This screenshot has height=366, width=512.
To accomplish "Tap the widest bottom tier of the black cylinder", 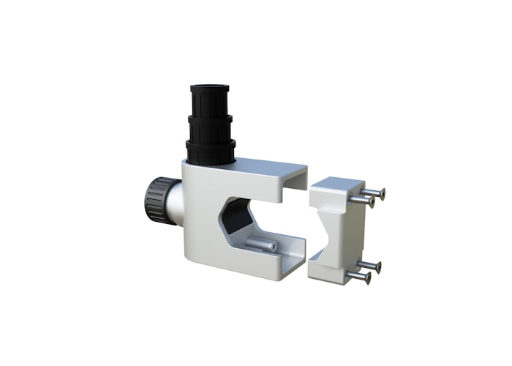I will (x=211, y=152).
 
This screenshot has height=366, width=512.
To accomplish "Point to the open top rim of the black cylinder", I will (x=210, y=88).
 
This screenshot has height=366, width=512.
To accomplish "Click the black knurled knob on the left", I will (x=154, y=202).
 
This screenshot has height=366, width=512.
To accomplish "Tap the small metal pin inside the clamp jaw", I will (x=262, y=244).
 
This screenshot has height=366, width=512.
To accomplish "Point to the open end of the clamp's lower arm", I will (x=295, y=256).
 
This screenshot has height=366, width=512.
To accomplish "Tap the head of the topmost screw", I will (x=381, y=193).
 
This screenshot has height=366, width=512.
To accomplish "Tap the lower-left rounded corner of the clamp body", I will (x=193, y=271).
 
